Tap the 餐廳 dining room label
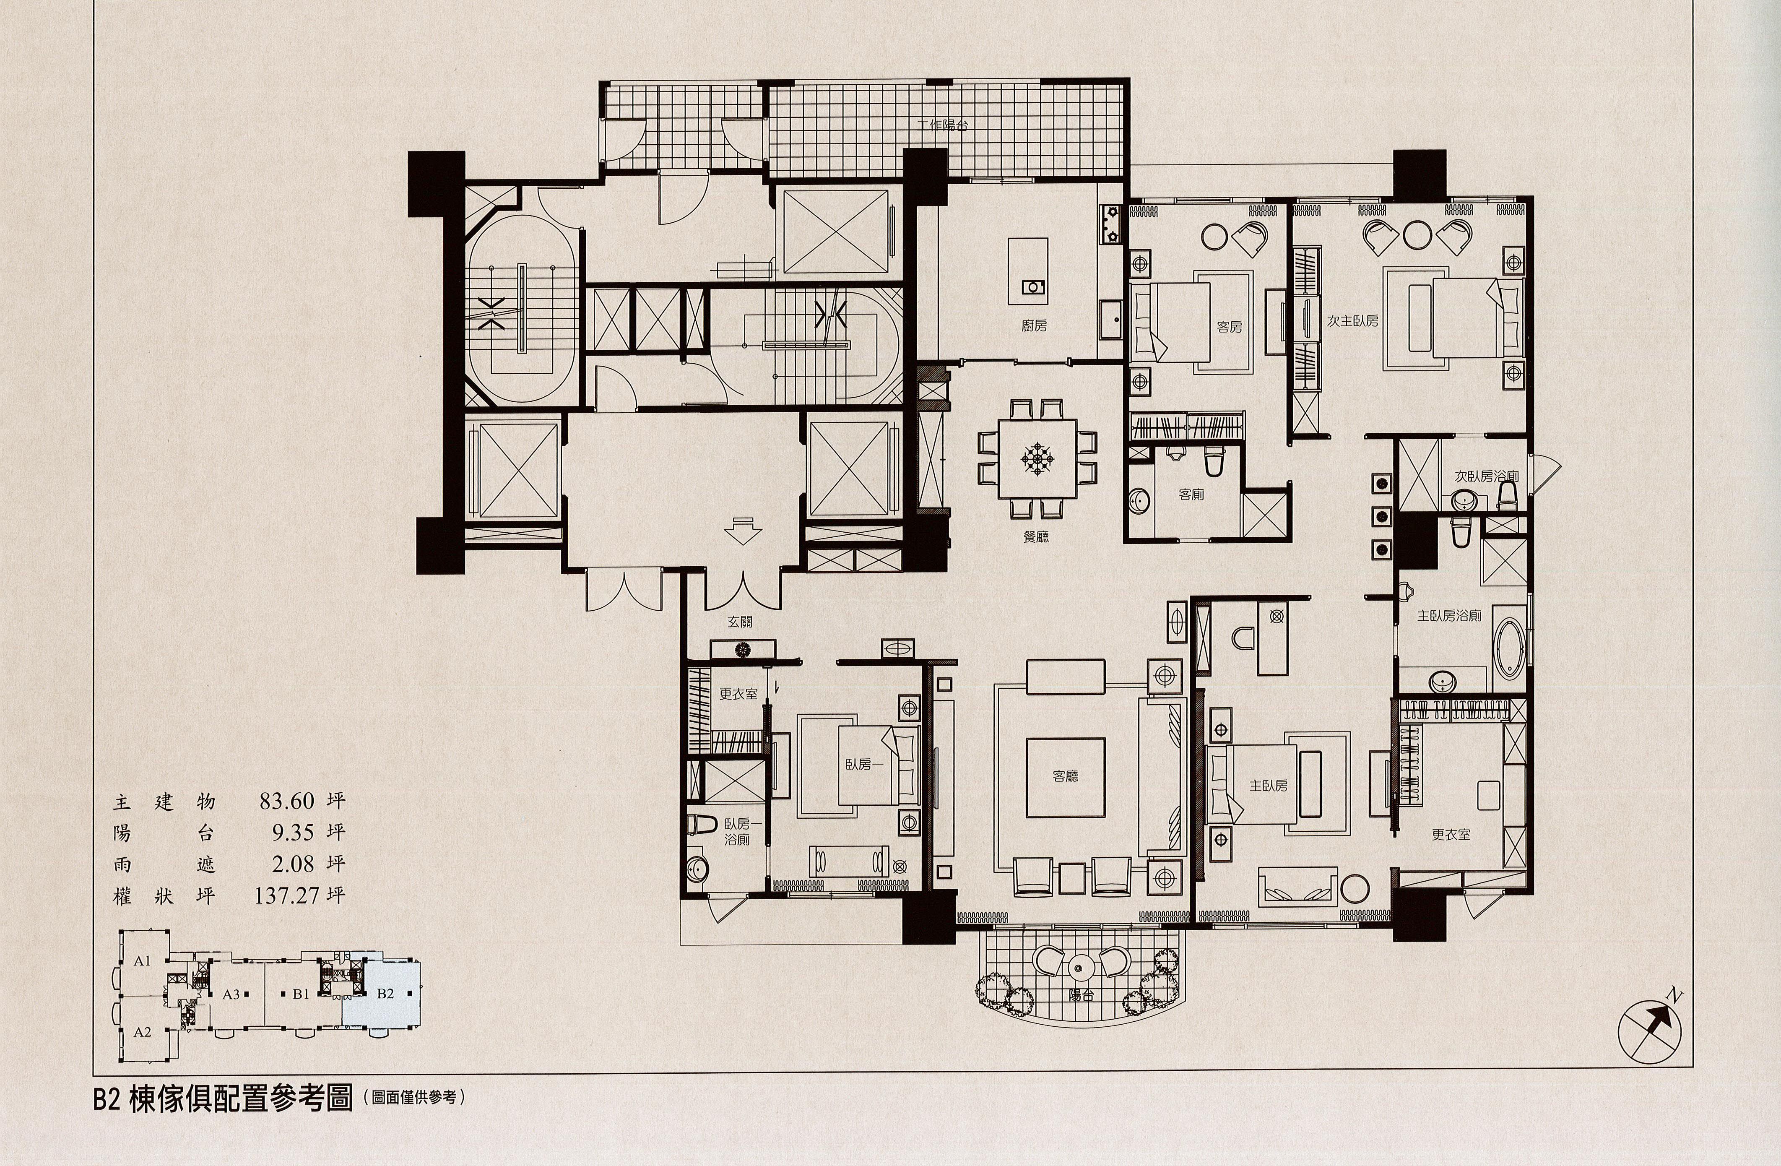coord(1036,536)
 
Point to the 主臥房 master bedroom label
coord(1269,786)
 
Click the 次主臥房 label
coord(1353,320)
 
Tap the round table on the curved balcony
coord(1079,966)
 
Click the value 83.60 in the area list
coord(286,802)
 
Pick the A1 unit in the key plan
coord(142,961)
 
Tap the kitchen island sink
coord(1033,286)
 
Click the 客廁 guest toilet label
coord(1191,495)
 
